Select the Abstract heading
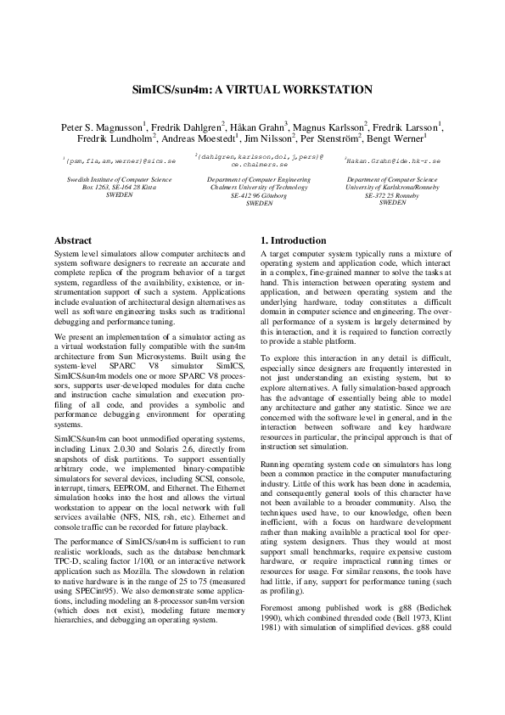(x=73, y=240)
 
